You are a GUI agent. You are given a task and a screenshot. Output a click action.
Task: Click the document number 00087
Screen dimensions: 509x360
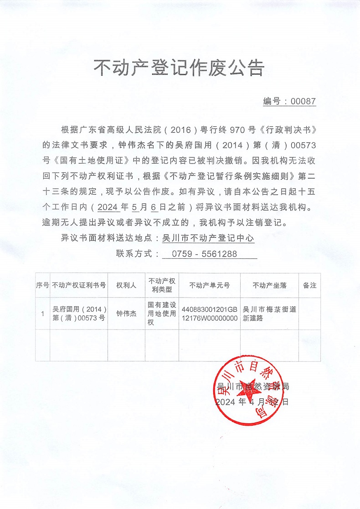coord(303,102)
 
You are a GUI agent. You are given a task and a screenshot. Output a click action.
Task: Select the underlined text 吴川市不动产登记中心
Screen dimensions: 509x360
coord(208,238)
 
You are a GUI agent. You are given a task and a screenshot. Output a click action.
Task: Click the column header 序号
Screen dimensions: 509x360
coord(42,285)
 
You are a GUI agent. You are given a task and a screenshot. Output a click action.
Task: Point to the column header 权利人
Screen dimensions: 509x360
coord(126,285)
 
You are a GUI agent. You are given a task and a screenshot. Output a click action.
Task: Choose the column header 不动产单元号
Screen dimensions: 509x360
coord(209,285)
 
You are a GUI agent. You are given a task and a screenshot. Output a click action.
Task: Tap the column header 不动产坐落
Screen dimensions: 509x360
coord(269,285)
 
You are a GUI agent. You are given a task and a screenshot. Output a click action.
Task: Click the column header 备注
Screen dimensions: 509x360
coord(309,285)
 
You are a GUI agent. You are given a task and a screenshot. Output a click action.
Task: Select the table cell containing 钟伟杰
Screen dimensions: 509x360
coord(126,314)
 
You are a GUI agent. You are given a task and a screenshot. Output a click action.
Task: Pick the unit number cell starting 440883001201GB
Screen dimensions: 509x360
coord(209,314)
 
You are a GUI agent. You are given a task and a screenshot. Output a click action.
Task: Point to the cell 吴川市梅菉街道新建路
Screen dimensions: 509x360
coord(269,314)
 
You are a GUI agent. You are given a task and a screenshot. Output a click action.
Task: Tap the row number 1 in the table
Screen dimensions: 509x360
coord(42,314)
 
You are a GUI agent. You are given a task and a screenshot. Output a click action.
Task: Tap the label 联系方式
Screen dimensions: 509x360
coord(134,254)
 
